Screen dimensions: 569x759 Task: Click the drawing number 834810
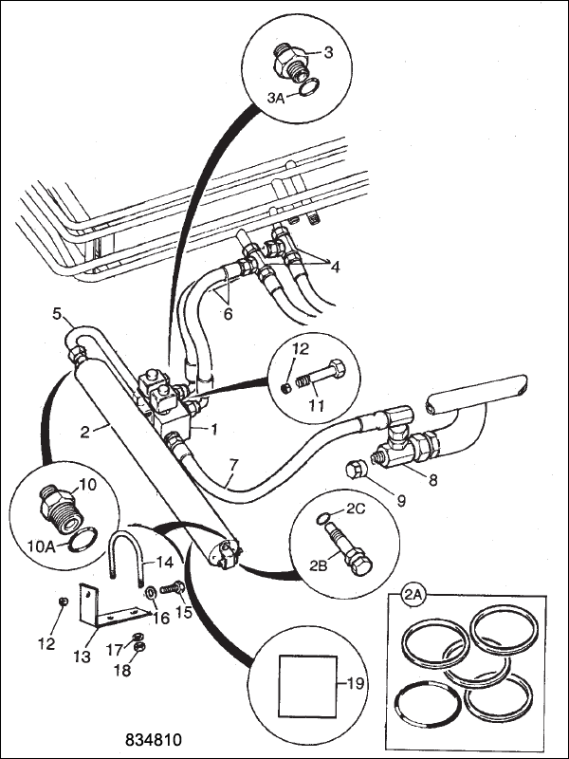tap(154, 740)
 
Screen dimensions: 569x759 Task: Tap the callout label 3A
tap(276, 98)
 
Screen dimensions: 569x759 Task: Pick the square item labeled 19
tap(307, 686)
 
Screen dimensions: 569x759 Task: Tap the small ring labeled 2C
tap(323, 518)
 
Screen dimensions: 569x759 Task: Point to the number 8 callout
tap(433, 479)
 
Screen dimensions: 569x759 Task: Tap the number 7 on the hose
tap(233, 466)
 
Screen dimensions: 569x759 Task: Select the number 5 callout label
tap(57, 314)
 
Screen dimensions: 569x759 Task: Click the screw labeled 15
tap(173, 588)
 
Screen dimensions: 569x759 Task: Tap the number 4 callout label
tap(335, 267)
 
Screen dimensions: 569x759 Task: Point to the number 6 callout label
tap(228, 314)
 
